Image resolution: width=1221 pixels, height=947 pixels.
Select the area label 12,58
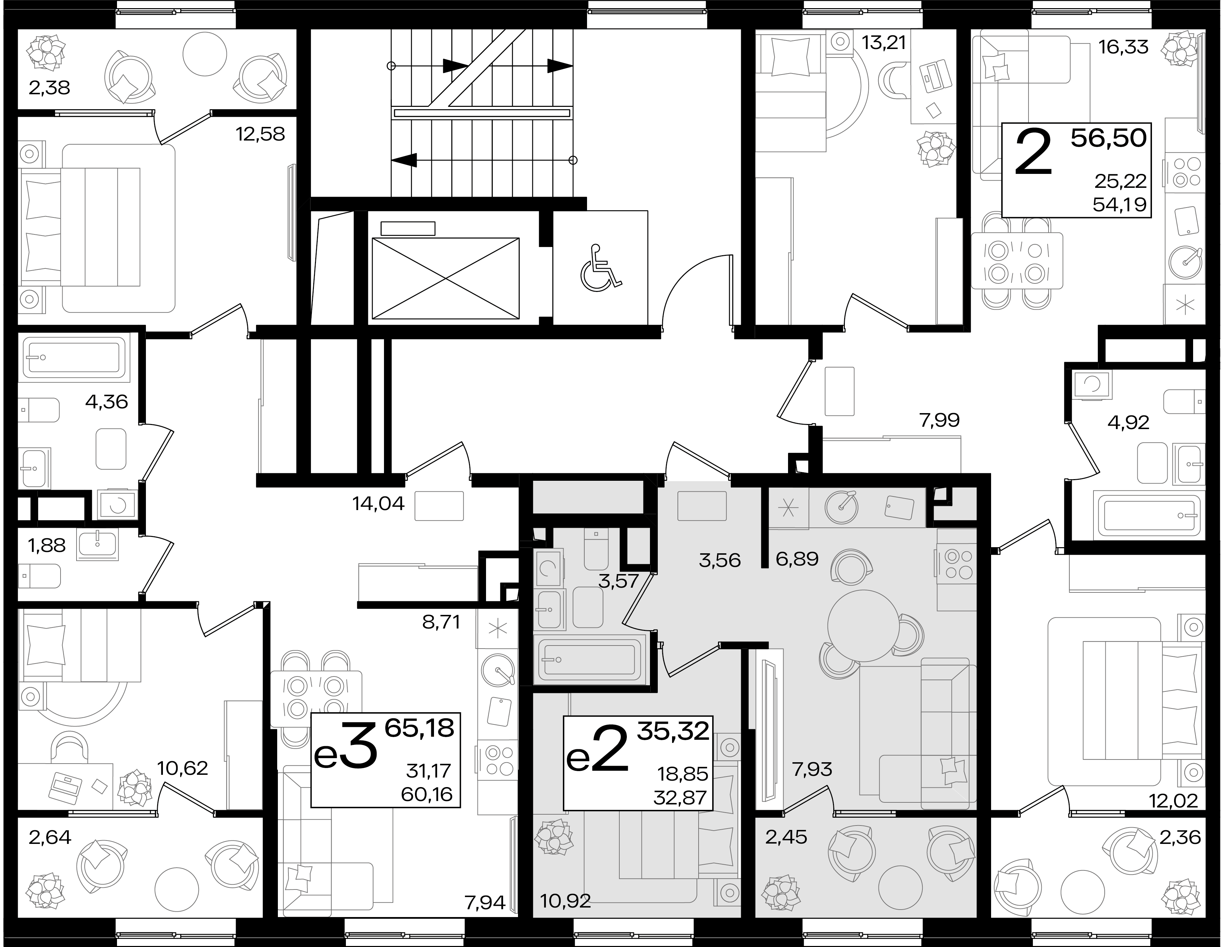click(x=261, y=134)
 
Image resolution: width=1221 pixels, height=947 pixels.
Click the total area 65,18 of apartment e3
click(x=419, y=729)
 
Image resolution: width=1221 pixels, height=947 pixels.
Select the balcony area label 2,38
click(x=49, y=88)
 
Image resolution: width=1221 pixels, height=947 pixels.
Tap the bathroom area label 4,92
click(x=1128, y=422)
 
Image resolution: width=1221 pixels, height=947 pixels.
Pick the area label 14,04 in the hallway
click(x=379, y=504)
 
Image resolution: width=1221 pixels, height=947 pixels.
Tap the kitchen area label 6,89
click(x=797, y=559)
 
